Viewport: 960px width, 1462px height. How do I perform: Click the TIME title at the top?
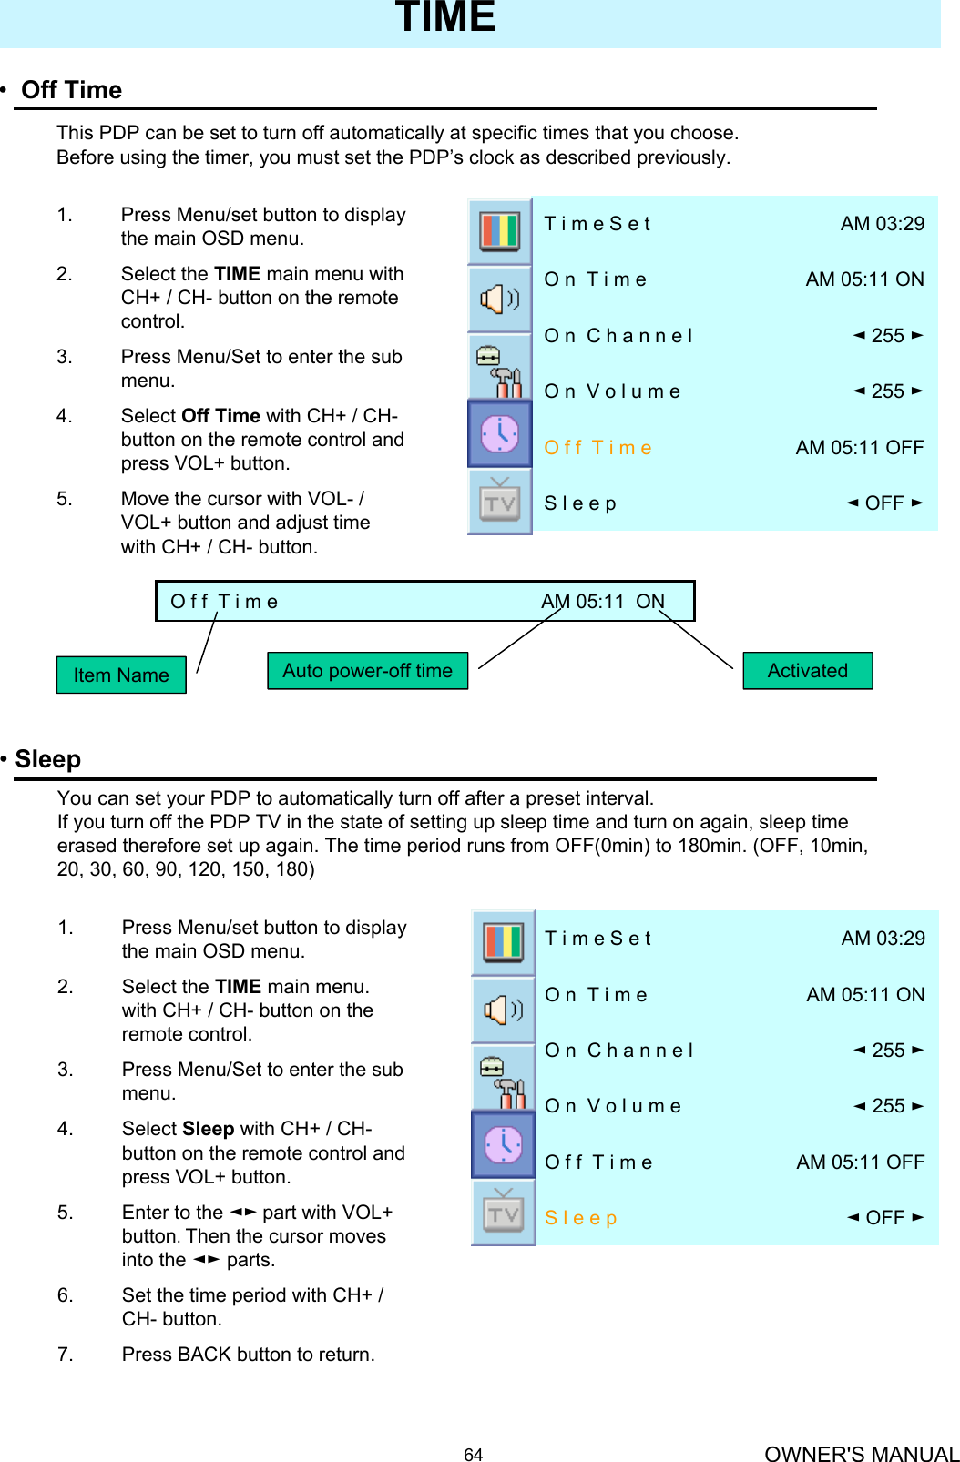[445, 17]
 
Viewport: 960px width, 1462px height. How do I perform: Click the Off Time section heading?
[71, 90]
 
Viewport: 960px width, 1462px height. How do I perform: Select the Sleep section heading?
[47, 759]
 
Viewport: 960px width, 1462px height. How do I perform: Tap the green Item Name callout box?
[121, 675]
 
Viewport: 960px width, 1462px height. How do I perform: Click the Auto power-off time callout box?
[367, 671]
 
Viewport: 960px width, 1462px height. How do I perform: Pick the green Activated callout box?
[807, 671]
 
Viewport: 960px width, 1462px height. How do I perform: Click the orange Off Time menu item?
[597, 448]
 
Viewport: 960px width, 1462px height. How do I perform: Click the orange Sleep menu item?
[580, 1218]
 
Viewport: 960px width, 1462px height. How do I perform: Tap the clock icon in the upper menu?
[500, 433]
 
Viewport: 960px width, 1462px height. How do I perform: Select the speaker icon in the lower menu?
[503, 1010]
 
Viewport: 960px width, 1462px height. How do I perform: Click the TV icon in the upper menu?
[500, 502]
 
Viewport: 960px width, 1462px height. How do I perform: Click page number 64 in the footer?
[473, 1455]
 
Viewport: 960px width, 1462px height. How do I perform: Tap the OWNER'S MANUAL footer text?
[862, 1454]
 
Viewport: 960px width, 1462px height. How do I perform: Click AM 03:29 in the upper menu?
[882, 224]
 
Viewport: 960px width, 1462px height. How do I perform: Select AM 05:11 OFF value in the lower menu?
[860, 1162]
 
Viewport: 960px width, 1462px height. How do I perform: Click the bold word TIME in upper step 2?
[237, 274]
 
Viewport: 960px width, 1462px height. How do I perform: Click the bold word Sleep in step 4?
[209, 1129]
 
